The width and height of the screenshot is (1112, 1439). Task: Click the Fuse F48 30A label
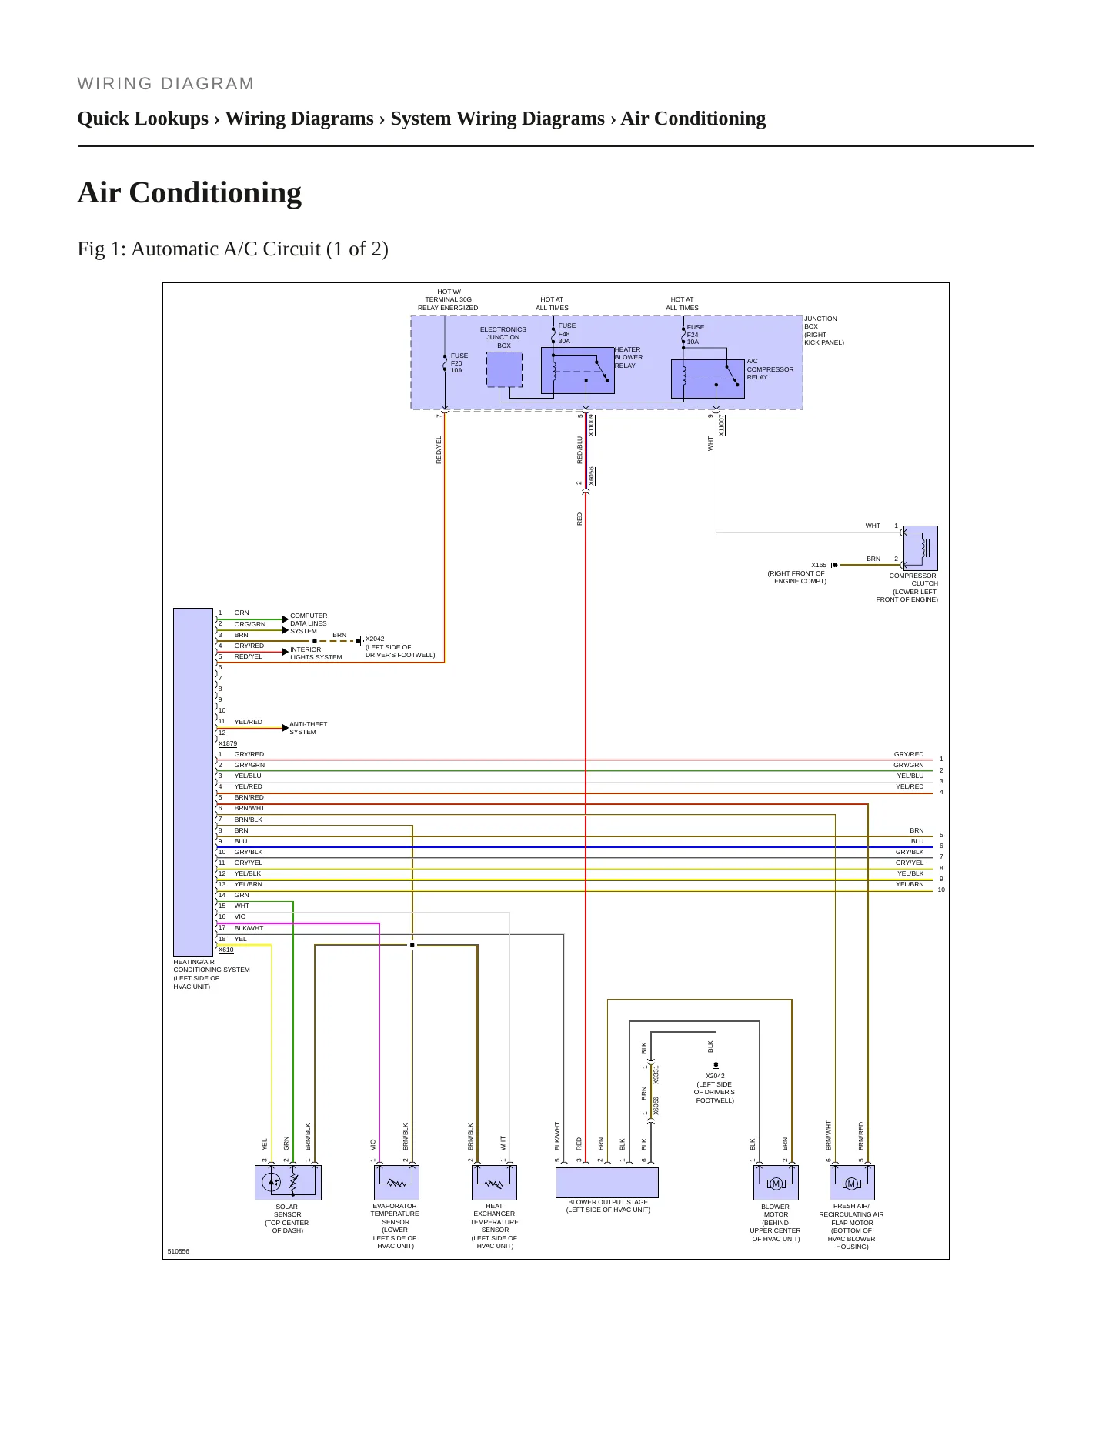click(566, 333)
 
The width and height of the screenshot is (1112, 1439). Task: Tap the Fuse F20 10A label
click(459, 363)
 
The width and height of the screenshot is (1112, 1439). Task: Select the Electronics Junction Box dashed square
click(504, 370)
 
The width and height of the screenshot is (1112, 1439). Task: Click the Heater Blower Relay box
click(578, 370)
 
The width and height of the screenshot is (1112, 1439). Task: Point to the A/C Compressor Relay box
click(708, 379)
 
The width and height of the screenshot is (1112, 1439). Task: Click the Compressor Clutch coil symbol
click(920, 548)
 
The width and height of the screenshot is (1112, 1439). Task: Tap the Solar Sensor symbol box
click(288, 1182)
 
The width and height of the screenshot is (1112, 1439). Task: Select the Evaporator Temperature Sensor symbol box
click(396, 1182)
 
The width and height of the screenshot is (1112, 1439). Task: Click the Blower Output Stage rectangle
click(607, 1183)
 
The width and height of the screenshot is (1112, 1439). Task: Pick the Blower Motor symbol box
click(776, 1182)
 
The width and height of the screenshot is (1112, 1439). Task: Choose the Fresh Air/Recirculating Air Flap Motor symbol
click(852, 1182)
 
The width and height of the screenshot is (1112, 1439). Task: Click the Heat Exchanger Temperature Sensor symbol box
click(494, 1182)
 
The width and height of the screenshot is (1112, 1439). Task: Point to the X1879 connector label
click(228, 744)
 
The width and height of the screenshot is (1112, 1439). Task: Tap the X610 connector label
click(226, 950)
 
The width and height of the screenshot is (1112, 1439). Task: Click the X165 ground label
click(819, 565)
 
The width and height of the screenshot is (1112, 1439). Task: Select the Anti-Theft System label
click(308, 728)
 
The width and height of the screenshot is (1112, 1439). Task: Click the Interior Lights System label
click(316, 653)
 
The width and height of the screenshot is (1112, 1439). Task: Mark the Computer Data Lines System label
click(309, 623)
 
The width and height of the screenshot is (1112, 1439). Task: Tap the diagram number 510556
click(178, 1251)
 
